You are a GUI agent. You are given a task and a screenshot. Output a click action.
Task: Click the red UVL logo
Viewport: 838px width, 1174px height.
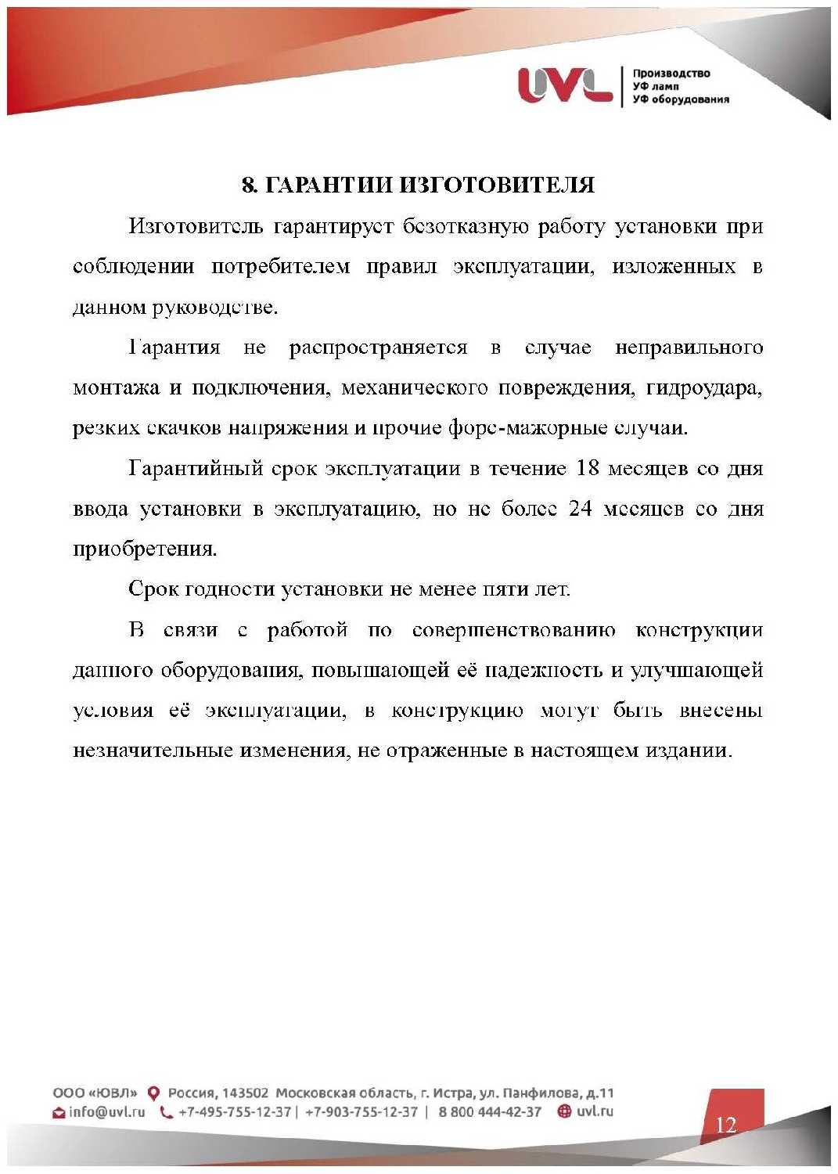coord(565,85)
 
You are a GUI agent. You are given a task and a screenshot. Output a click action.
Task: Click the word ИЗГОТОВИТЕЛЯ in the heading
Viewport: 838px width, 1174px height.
coord(498,185)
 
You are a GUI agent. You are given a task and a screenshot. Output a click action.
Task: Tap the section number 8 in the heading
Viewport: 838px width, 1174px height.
coord(248,185)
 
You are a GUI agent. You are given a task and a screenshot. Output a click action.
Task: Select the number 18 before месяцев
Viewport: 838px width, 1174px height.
coord(587,469)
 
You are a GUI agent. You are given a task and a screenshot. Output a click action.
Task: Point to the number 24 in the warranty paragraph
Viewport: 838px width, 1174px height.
coord(580,509)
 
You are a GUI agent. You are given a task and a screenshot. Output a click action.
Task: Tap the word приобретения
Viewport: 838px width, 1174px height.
coord(145,549)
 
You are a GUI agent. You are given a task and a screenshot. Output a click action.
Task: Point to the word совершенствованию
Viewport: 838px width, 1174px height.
coord(513,630)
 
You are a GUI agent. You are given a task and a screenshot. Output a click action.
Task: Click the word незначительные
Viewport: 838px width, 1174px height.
coord(153,751)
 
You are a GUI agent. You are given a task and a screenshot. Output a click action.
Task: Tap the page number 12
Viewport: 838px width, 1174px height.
coord(725,1125)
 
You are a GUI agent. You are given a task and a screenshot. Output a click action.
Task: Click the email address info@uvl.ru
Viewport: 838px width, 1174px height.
coord(106,1112)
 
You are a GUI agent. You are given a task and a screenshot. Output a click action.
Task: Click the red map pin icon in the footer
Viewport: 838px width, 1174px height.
coord(154,1093)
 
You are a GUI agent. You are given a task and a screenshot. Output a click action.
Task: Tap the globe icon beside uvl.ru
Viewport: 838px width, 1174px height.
coord(564,1111)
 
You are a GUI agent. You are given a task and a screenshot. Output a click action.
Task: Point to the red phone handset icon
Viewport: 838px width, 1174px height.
coord(166,1112)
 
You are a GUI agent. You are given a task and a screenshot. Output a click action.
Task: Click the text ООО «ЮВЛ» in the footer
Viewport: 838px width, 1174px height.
coord(95,1093)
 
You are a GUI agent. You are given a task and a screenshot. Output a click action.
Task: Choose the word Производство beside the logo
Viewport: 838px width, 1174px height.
coord(671,74)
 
